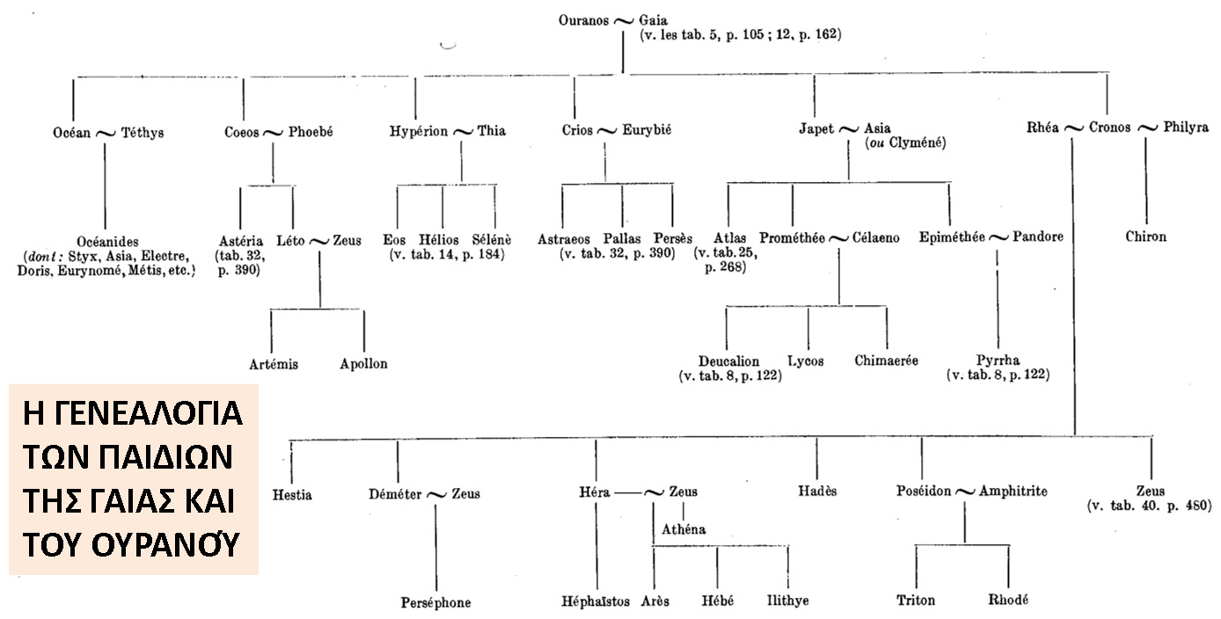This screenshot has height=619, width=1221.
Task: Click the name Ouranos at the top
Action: (583, 18)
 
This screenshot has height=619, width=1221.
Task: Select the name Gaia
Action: (657, 18)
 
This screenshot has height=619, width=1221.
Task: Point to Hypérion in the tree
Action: (418, 132)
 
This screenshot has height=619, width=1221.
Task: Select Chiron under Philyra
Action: (1145, 237)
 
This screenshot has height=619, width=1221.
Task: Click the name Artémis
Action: (275, 363)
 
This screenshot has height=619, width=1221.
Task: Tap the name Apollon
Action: (363, 363)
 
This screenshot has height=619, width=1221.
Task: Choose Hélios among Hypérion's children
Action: (442, 238)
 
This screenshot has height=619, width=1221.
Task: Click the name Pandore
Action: (1037, 237)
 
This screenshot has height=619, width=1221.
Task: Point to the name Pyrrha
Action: (998, 360)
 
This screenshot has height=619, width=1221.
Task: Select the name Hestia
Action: (292, 494)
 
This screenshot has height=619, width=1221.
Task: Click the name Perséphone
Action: (435, 602)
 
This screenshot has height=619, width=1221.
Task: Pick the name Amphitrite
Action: (1013, 492)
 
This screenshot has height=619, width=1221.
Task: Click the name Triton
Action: (916, 601)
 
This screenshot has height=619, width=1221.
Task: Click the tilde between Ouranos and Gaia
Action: (624, 18)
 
